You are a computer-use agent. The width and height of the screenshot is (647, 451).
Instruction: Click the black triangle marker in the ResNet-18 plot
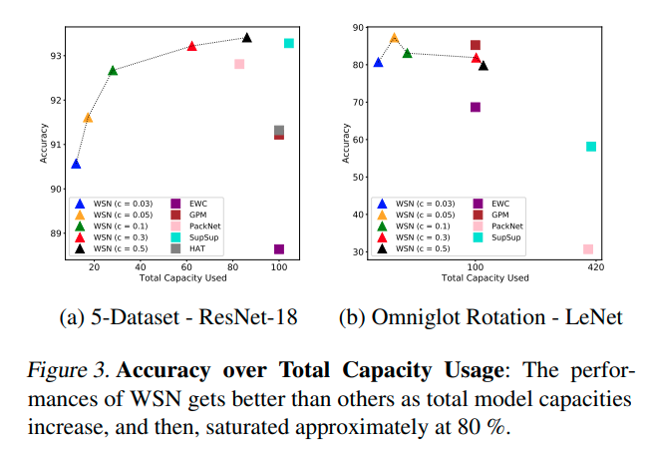tap(246, 38)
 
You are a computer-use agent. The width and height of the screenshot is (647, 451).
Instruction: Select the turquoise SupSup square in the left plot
tap(289, 43)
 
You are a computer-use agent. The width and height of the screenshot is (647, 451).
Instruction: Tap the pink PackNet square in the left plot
tap(239, 65)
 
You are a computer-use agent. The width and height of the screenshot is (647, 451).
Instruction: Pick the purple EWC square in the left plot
tap(279, 249)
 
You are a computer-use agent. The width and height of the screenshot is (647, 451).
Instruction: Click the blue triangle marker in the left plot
tap(76, 164)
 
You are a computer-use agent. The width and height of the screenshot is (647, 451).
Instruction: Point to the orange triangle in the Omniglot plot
tap(394, 38)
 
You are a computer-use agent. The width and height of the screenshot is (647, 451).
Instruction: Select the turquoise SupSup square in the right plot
tap(591, 147)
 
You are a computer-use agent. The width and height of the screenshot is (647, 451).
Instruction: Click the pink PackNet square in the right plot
tap(588, 249)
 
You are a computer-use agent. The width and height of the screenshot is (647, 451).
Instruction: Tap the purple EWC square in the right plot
tap(476, 107)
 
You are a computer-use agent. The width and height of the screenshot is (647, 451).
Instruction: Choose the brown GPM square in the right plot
tap(476, 45)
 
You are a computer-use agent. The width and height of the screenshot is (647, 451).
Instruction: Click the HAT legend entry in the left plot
tap(196, 247)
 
